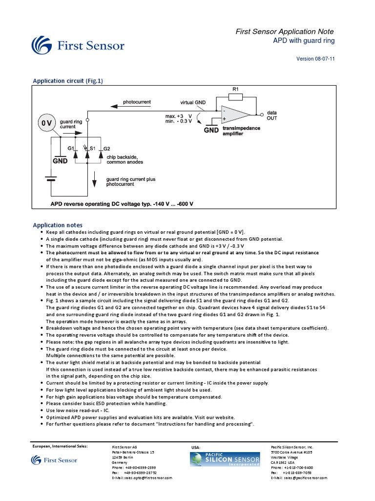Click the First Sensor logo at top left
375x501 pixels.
78,46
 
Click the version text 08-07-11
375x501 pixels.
316,59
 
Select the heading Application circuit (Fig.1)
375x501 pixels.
67,81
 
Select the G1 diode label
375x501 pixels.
71,148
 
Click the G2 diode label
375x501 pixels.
106,148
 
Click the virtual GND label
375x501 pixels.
193,103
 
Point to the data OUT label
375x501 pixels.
272,115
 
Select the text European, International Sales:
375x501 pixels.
61,447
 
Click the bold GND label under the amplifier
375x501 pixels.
211,131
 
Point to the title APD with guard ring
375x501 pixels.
303,41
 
